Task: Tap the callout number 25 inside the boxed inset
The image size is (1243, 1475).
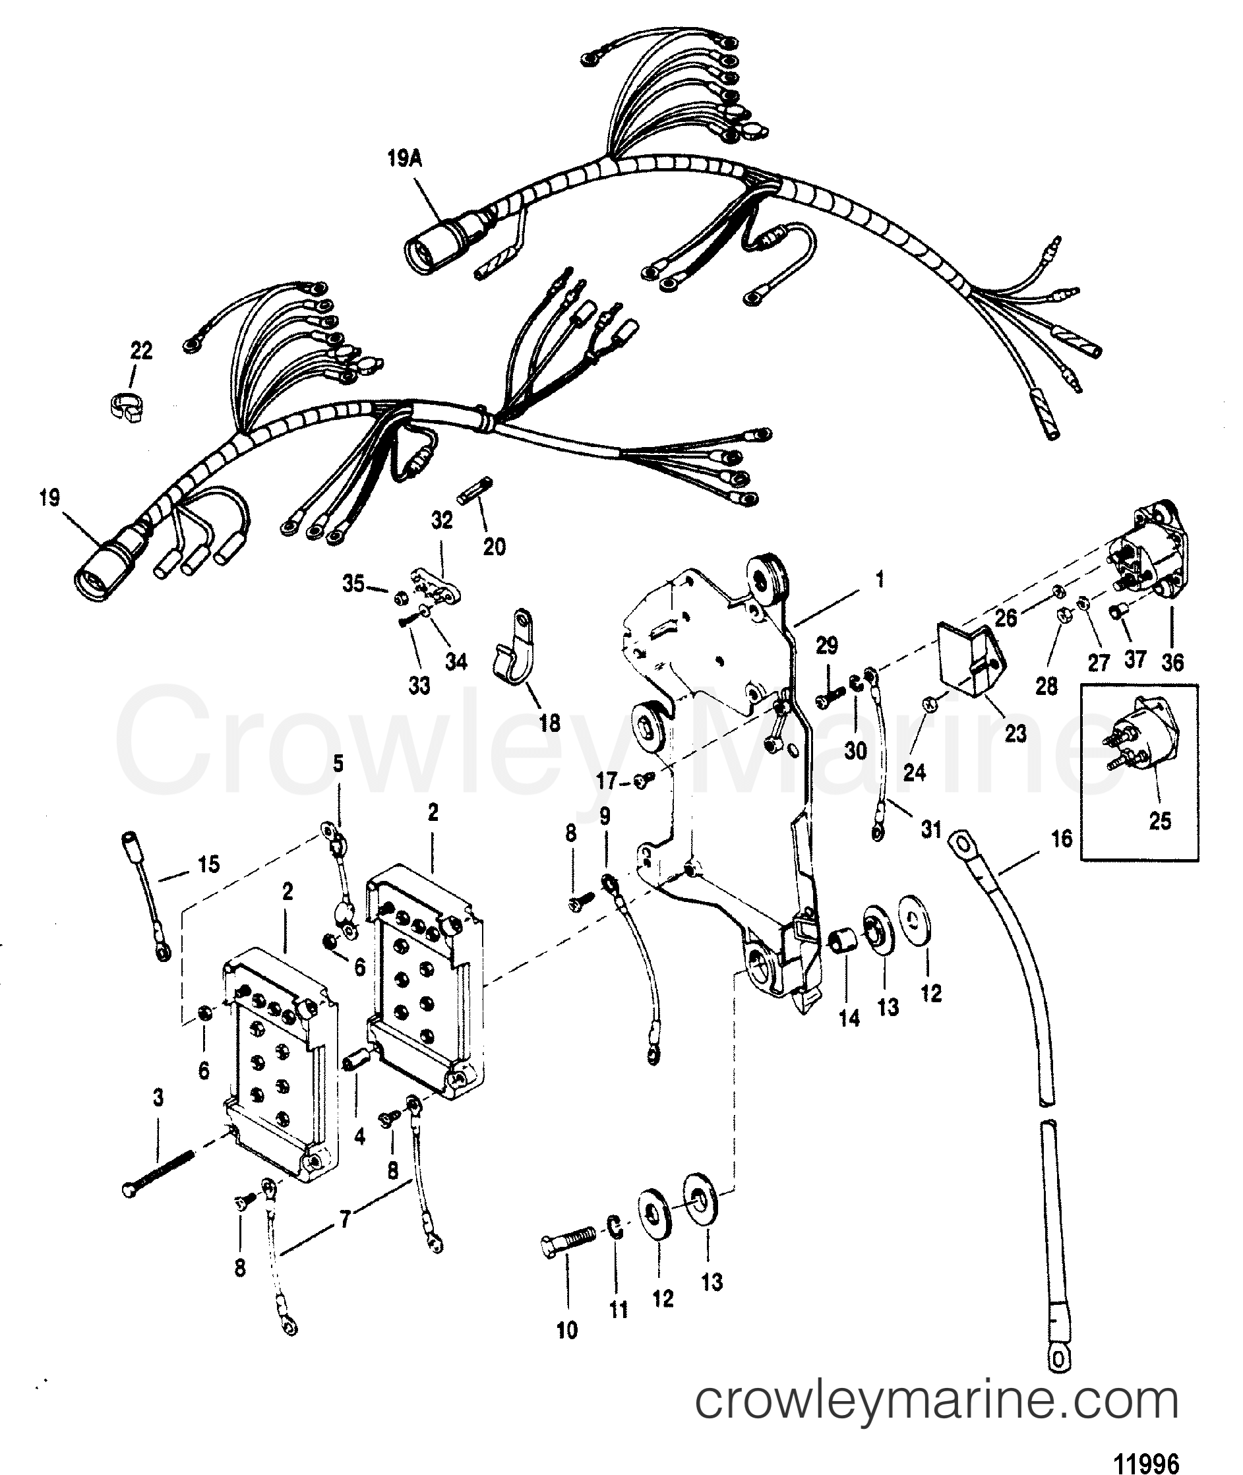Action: (x=1159, y=821)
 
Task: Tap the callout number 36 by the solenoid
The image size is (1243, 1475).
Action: (x=1172, y=662)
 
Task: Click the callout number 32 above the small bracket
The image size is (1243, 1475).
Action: (x=442, y=521)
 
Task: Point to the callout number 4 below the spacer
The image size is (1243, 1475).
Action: (x=360, y=1136)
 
